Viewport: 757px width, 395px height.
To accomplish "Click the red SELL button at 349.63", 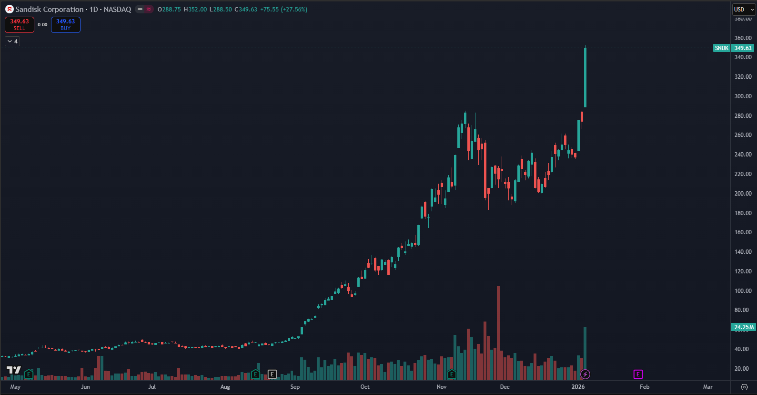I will point(20,25).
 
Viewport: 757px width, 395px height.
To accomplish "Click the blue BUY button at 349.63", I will point(66,25).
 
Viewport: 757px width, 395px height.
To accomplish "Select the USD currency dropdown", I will point(744,10).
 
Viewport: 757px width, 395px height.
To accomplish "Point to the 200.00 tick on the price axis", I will point(743,194).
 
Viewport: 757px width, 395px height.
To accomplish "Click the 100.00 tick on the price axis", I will point(743,291).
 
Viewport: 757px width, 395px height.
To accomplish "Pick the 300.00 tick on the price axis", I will point(743,96).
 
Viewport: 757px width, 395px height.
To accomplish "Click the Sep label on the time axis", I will point(295,387).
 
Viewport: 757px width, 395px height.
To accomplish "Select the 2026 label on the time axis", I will point(578,387).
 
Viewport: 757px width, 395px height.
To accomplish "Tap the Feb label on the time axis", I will point(645,387).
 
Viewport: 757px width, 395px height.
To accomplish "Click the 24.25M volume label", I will point(743,327).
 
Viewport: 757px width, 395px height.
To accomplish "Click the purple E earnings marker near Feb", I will point(638,374).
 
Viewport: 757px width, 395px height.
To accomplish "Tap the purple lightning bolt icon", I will point(585,374).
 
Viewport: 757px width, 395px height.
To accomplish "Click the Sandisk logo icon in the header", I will point(10,10).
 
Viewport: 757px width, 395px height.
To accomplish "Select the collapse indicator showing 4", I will point(12,42).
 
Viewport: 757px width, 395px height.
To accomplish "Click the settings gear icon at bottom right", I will point(744,387).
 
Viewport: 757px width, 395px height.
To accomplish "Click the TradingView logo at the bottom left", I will point(13,370).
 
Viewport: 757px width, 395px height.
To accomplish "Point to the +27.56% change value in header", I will point(294,10).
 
